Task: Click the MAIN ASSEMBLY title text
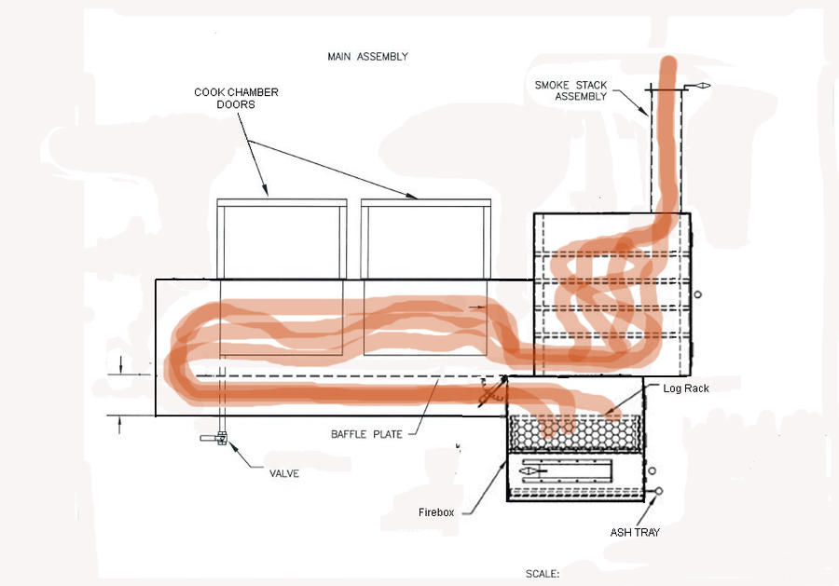point(367,57)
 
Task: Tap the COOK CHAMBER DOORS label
point(236,98)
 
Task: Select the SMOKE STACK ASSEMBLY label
point(571,90)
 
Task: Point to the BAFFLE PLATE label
point(366,434)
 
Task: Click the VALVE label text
point(283,473)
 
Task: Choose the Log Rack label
point(685,388)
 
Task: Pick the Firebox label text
point(437,512)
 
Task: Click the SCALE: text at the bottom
point(543,574)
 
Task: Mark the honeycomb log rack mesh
point(574,431)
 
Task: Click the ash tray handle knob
point(659,491)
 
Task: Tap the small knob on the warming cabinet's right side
point(696,293)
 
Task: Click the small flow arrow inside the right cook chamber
point(476,306)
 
